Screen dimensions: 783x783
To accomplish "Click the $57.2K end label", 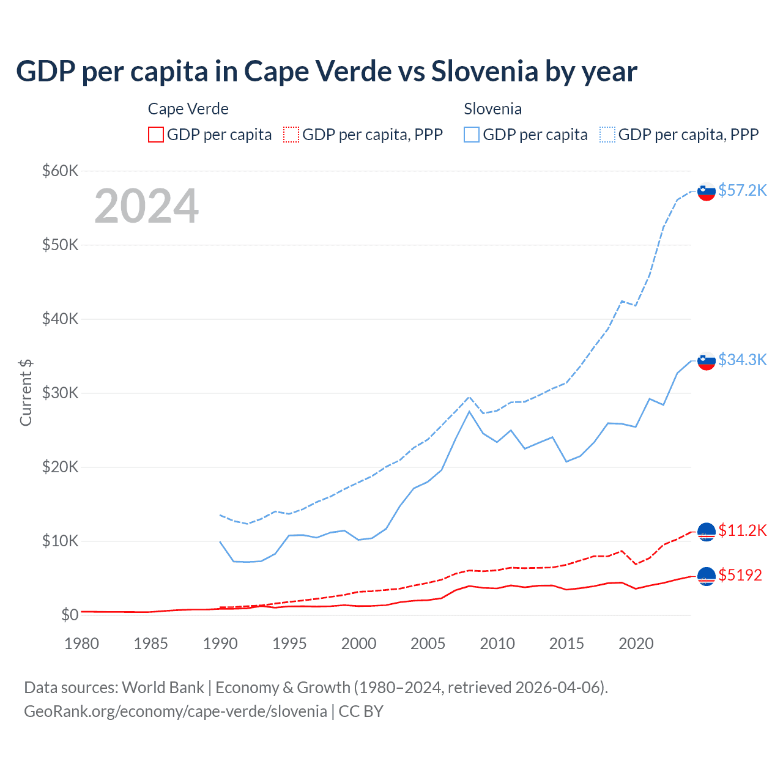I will tap(742, 190).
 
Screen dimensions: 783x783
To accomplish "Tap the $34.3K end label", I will tap(742, 360).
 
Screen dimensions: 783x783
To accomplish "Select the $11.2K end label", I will tap(742, 530).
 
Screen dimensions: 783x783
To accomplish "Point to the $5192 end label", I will tap(740, 575).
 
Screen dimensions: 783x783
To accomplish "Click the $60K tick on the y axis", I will tap(60, 171).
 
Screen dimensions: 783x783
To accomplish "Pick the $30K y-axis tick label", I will tap(60, 393).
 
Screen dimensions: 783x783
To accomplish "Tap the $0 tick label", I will tap(70, 615).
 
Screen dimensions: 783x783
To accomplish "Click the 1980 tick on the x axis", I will tap(81, 644).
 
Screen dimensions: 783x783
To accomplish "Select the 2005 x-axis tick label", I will tap(428, 644).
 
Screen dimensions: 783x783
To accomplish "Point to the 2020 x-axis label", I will tap(636, 644).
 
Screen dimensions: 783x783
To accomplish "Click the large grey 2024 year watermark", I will tap(146, 206).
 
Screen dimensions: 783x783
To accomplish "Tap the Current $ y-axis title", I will tap(26, 393).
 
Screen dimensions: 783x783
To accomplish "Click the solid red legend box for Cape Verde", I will tap(156, 135).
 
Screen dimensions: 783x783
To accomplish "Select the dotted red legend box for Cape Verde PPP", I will tap(291, 135).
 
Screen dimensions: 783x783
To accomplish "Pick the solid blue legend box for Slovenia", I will tap(472, 135).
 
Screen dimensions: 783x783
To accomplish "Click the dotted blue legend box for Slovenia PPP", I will tap(607, 135).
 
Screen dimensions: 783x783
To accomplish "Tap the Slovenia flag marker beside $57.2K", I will tap(707, 191).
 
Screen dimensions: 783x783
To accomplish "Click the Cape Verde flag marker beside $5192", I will tap(707, 576).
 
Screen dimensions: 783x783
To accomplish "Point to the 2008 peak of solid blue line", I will tap(469, 411).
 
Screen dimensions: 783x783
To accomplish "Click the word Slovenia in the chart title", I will tap(484, 71).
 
